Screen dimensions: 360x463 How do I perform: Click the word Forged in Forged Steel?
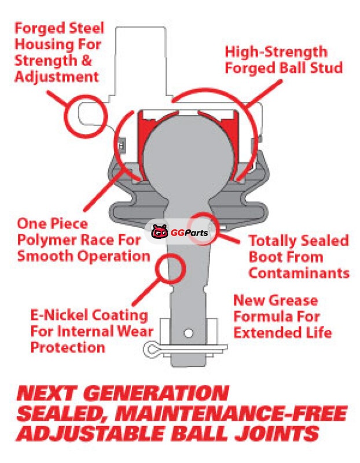(x=40, y=29)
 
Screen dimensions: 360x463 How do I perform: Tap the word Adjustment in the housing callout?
(x=56, y=77)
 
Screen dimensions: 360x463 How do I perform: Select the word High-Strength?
(x=276, y=52)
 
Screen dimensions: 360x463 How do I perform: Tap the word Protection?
(x=68, y=347)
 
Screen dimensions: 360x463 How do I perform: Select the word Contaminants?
(x=299, y=273)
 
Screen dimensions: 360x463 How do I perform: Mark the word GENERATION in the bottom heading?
(x=157, y=393)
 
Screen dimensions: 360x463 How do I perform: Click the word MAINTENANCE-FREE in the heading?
(x=231, y=413)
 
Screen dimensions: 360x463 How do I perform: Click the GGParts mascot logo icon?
(x=160, y=231)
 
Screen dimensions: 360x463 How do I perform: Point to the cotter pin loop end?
(x=150, y=349)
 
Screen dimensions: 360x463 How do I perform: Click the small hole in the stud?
(x=188, y=333)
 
